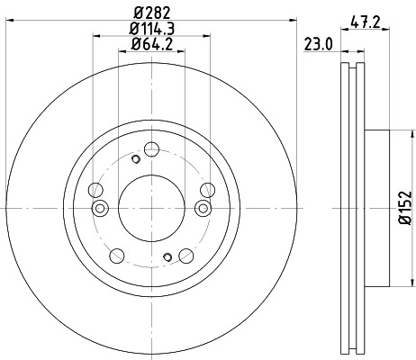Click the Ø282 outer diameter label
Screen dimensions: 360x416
point(151,12)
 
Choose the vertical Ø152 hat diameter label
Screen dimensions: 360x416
point(404,209)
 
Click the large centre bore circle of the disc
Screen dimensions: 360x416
point(151,209)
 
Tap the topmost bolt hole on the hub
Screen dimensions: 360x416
point(151,148)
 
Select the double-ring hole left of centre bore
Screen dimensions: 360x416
point(101,209)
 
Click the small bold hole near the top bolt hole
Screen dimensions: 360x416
point(135,160)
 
